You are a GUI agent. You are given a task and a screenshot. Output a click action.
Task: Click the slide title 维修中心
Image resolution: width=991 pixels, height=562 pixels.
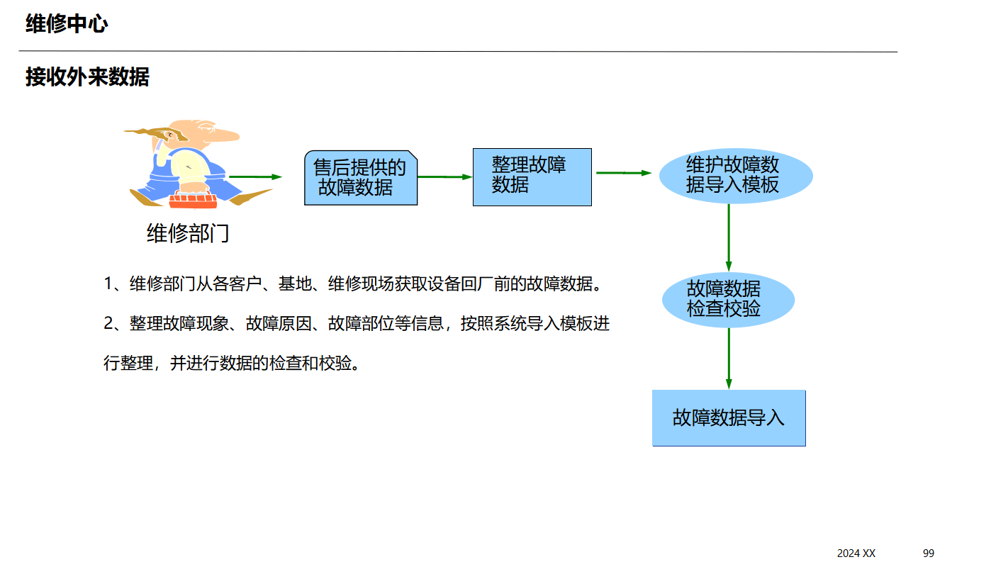(x=67, y=24)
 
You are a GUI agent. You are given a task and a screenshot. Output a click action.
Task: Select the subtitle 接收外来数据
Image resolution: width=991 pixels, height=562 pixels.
(x=87, y=77)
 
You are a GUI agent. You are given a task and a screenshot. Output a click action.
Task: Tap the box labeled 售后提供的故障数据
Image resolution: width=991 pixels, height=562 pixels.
(x=360, y=177)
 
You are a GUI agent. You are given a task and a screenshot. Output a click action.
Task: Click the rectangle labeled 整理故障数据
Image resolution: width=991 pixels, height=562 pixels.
(x=532, y=176)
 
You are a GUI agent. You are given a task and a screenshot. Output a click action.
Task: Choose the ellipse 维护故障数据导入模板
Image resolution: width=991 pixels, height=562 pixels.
(x=735, y=175)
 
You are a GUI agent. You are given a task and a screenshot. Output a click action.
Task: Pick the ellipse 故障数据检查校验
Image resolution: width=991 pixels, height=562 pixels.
(x=727, y=299)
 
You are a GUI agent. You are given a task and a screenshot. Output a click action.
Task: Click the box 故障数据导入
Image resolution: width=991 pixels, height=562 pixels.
(x=728, y=417)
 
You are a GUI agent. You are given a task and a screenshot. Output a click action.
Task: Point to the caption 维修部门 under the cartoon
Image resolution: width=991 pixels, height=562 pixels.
(x=188, y=233)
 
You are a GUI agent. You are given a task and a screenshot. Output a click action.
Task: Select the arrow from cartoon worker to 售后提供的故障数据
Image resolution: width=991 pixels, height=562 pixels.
(x=255, y=176)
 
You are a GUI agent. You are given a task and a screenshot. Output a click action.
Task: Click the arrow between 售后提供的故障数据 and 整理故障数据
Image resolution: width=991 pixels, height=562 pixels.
(x=444, y=176)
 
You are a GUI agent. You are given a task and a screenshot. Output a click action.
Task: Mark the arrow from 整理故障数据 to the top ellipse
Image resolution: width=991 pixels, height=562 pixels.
(x=623, y=172)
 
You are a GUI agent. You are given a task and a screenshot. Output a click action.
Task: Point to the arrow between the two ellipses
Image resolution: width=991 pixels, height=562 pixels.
(x=729, y=237)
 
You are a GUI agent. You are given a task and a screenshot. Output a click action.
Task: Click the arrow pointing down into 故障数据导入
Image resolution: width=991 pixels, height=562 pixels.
(x=729, y=358)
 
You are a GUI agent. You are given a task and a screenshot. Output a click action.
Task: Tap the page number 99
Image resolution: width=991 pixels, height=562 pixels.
(x=929, y=553)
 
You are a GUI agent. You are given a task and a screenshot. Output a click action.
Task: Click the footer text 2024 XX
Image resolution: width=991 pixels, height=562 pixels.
(x=856, y=553)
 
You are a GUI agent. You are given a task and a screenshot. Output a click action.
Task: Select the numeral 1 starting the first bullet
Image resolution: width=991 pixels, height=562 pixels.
(x=108, y=284)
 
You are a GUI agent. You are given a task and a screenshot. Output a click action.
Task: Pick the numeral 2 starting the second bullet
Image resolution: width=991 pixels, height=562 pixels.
(x=109, y=324)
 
